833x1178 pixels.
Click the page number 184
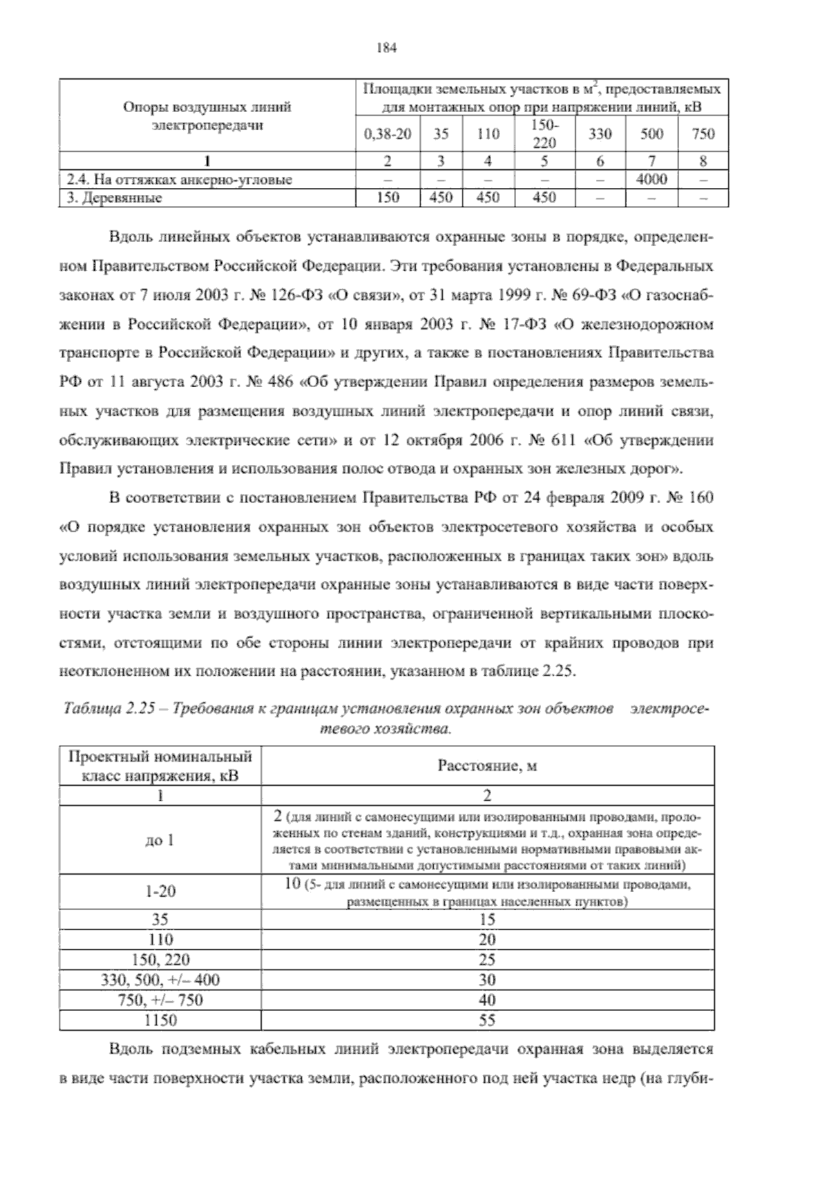tap(385, 48)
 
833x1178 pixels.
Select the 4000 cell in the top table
tap(652, 179)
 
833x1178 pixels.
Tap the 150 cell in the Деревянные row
tap(387, 198)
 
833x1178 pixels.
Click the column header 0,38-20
tap(387, 134)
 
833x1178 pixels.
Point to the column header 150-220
tap(544, 133)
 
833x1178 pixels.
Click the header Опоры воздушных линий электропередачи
tap(207, 117)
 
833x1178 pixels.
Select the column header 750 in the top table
tap(703, 134)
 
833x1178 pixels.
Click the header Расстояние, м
tap(487, 766)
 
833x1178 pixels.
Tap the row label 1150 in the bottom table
tap(160, 1020)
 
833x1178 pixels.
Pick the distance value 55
tap(487, 1020)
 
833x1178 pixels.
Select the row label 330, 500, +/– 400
tap(160, 980)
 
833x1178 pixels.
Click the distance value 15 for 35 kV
tap(487, 920)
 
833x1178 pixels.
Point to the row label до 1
tap(160, 840)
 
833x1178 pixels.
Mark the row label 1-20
tap(160, 891)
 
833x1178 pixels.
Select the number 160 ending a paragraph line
tap(700, 498)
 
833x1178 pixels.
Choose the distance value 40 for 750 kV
tap(487, 1000)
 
